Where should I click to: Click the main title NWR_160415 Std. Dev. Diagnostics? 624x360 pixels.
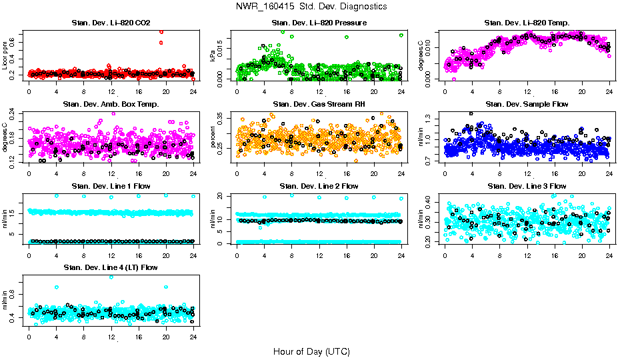(x=311, y=7)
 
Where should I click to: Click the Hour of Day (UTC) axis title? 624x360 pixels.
(x=311, y=351)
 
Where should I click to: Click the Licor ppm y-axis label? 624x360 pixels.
(x=5, y=56)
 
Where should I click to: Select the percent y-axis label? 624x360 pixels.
(x=213, y=137)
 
